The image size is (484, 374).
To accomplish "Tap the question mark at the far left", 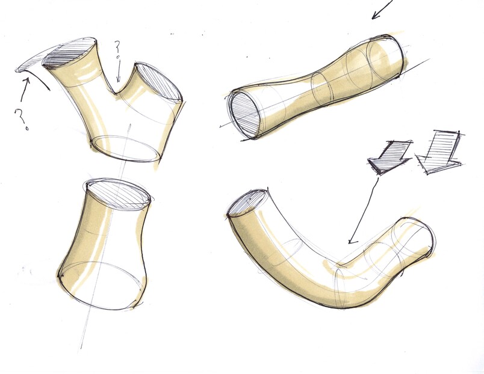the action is [21, 119].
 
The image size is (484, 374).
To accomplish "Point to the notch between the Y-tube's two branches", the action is [116, 92].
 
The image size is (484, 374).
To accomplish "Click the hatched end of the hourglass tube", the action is [245, 115].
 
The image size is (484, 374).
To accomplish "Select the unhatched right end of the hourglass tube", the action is [386, 55].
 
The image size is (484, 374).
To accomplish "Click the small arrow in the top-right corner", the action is [382, 9].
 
